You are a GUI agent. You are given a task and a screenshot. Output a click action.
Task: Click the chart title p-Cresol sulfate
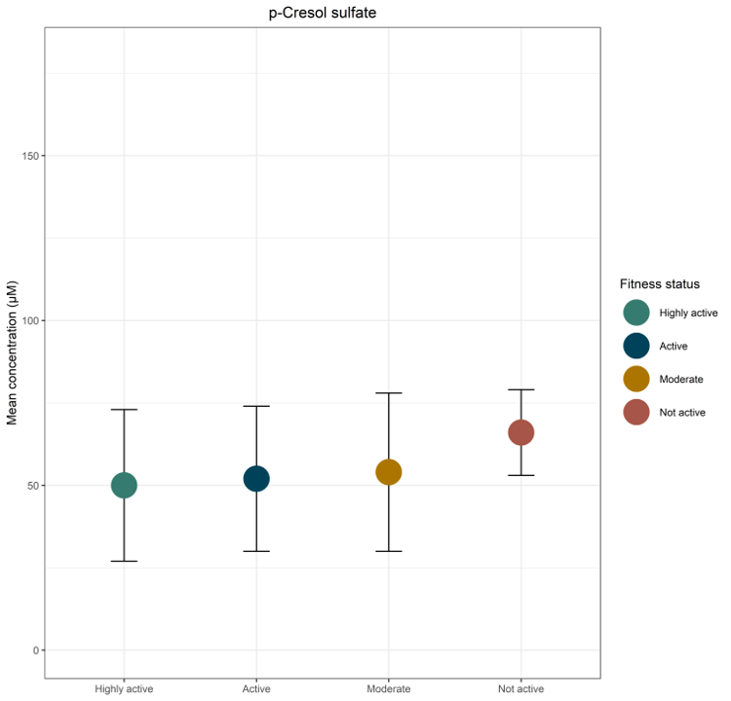point(323,14)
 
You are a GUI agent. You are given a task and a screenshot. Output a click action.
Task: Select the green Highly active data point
point(124,485)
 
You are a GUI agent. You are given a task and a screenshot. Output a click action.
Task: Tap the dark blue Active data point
point(256,478)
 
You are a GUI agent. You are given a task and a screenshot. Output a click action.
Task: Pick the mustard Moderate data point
point(389,472)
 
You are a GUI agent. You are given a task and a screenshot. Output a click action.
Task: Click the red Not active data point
point(520,432)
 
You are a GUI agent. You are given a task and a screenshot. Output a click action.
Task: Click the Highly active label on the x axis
point(124,689)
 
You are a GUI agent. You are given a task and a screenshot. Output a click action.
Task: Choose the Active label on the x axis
point(256,689)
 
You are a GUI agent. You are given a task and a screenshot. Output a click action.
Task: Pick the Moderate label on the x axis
point(389,689)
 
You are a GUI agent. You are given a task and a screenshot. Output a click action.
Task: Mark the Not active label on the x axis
point(520,689)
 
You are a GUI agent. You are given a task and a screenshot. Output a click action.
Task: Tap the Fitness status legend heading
point(660,284)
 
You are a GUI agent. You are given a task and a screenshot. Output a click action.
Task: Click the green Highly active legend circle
point(636,313)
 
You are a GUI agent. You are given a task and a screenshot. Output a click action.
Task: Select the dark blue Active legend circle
point(636,346)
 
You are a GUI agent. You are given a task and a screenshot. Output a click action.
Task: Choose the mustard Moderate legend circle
point(636,379)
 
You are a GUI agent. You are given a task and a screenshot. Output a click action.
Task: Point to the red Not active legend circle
point(636,412)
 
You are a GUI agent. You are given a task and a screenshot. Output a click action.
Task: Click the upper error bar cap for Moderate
point(389,393)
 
